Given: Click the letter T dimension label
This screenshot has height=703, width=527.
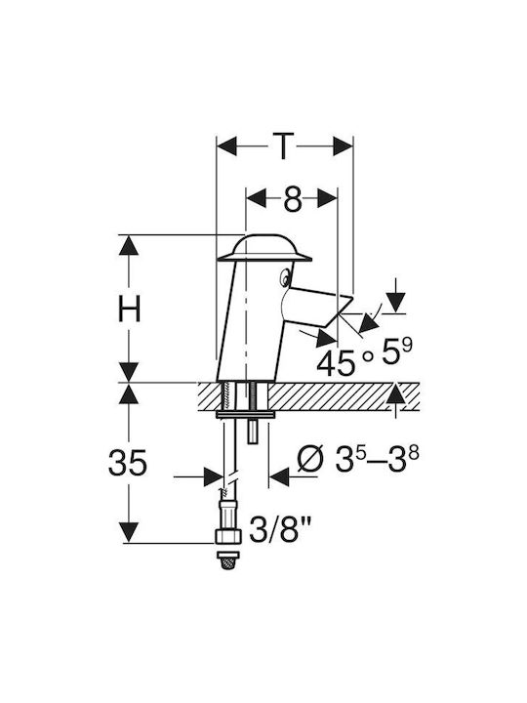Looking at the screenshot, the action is click(x=283, y=146).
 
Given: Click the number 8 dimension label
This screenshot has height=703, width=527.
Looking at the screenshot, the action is click(x=292, y=198).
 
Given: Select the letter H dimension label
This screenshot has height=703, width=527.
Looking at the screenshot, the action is click(x=129, y=309).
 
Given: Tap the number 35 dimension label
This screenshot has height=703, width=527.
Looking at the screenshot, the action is click(x=128, y=462).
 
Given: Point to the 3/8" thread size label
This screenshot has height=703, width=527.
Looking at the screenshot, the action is click(x=280, y=529).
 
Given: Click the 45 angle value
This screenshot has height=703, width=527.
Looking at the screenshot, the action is click(x=335, y=362).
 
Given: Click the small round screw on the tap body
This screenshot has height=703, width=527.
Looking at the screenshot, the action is click(x=285, y=278).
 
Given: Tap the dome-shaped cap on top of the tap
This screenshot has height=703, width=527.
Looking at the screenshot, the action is click(x=264, y=247).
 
